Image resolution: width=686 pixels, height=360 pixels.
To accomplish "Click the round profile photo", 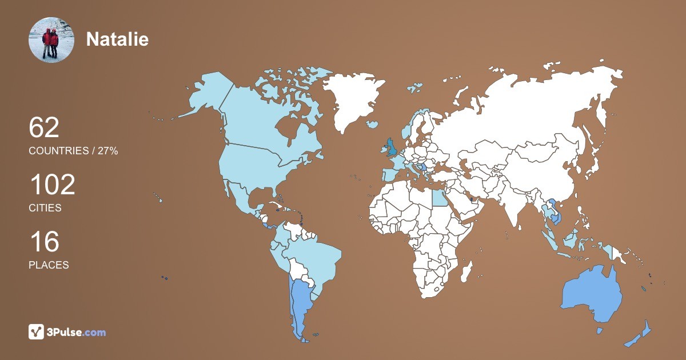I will pyautogui.click(x=51, y=39).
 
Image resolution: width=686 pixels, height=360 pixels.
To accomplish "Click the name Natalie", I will pyautogui.click(x=117, y=39).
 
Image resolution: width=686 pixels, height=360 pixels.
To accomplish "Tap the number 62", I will pyautogui.click(x=44, y=127).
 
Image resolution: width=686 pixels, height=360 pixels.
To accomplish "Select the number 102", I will pyautogui.click(x=52, y=185).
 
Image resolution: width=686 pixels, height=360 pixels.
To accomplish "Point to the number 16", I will pyautogui.click(x=44, y=242).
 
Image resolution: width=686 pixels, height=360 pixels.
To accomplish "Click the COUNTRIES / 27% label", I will pyautogui.click(x=73, y=151).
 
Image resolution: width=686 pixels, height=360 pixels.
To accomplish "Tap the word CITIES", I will pyautogui.click(x=45, y=208).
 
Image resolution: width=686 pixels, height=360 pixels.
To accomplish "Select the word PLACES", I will pyautogui.click(x=49, y=265).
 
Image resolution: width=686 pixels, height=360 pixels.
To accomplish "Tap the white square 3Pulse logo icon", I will pyautogui.click(x=37, y=332).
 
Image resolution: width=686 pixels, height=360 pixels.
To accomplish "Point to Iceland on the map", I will pyautogui.click(x=373, y=124).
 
